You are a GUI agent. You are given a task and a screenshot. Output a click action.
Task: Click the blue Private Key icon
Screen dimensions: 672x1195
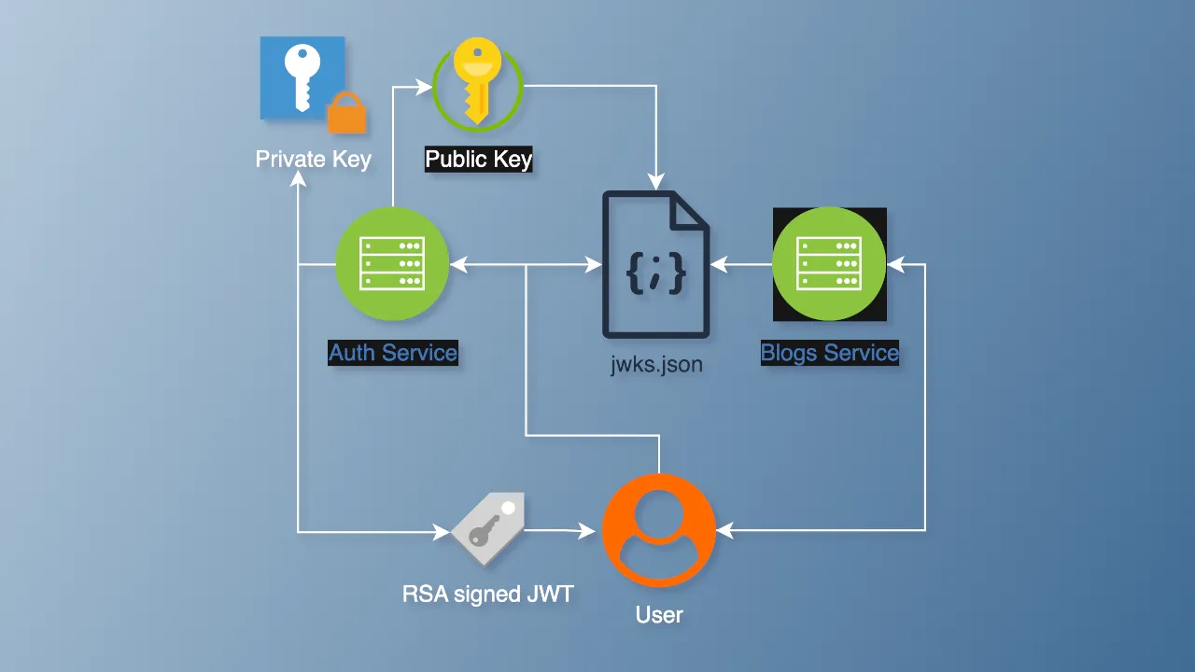[301, 77]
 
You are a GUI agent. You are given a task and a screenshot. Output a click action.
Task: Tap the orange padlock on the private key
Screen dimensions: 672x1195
[346, 114]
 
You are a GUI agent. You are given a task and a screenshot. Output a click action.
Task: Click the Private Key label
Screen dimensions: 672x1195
[314, 160]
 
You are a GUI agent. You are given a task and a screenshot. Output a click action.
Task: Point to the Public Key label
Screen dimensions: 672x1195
[478, 160]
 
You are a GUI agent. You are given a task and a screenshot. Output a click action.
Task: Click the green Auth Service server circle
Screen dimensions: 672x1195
[392, 264]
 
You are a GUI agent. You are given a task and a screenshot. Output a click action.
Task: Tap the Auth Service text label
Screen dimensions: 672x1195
[393, 353]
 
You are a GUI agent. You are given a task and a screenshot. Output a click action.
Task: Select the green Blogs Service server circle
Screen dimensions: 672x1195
[829, 264]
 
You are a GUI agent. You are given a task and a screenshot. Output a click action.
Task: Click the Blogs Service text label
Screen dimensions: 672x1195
[829, 353]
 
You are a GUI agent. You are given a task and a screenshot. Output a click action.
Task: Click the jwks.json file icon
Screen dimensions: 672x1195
[656, 264]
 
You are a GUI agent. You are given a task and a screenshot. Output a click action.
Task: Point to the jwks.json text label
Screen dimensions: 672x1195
[656, 364]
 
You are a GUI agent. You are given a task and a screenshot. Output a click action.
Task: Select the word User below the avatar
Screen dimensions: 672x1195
[659, 615]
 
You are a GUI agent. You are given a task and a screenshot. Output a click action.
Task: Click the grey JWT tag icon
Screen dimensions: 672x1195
[487, 528]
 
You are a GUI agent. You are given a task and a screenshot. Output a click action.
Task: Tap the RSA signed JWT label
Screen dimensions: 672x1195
[487, 594]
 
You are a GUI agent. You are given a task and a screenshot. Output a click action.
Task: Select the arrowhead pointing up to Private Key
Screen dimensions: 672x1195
[298, 182]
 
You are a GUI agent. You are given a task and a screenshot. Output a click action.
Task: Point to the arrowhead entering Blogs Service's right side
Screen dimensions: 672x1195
[895, 265]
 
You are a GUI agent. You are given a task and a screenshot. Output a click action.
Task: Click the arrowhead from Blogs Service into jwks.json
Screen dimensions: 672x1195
[718, 265]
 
